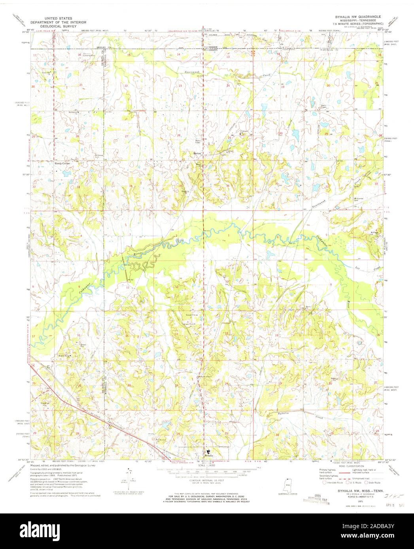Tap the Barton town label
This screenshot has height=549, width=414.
(197, 152)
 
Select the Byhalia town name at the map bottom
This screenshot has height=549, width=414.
(209, 455)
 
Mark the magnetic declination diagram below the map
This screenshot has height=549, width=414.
(130, 481)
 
